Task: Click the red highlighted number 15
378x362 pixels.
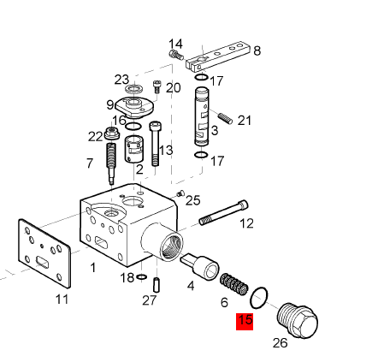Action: pyautogui.click(x=245, y=321)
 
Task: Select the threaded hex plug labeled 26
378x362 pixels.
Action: pyautogui.click(x=298, y=321)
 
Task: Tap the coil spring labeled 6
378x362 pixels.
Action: pyautogui.click(x=234, y=285)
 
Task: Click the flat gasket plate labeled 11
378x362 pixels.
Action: pyautogui.click(x=44, y=253)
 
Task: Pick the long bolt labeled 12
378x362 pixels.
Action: pyautogui.click(x=223, y=212)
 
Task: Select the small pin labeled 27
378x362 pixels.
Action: pyautogui.click(x=157, y=285)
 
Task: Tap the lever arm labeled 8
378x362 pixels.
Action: pyautogui.click(x=218, y=56)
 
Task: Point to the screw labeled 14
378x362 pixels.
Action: pyautogui.click(x=176, y=54)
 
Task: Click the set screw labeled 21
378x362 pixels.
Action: pyautogui.click(x=225, y=118)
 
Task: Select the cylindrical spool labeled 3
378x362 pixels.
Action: pyautogui.click(x=202, y=116)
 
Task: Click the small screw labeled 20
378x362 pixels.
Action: pyautogui.click(x=157, y=86)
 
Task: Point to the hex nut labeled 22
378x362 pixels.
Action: pyautogui.click(x=112, y=134)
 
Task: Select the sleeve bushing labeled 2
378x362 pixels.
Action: pyautogui.click(x=133, y=149)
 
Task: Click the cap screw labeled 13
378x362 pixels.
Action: pyautogui.click(x=155, y=144)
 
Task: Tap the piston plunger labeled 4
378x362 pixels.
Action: pyautogui.click(x=199, y=265)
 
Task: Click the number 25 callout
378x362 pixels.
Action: pyautogui.click(x=193, y=200)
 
